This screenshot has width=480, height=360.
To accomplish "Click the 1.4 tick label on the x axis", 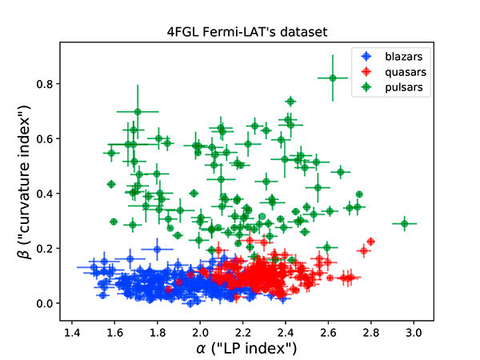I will [72, 330].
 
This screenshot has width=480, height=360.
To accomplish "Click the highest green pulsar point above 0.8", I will [333, 78].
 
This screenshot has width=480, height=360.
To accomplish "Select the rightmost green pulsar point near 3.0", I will [405, 223].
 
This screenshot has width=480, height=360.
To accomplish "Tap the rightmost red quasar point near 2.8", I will [370, 242].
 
